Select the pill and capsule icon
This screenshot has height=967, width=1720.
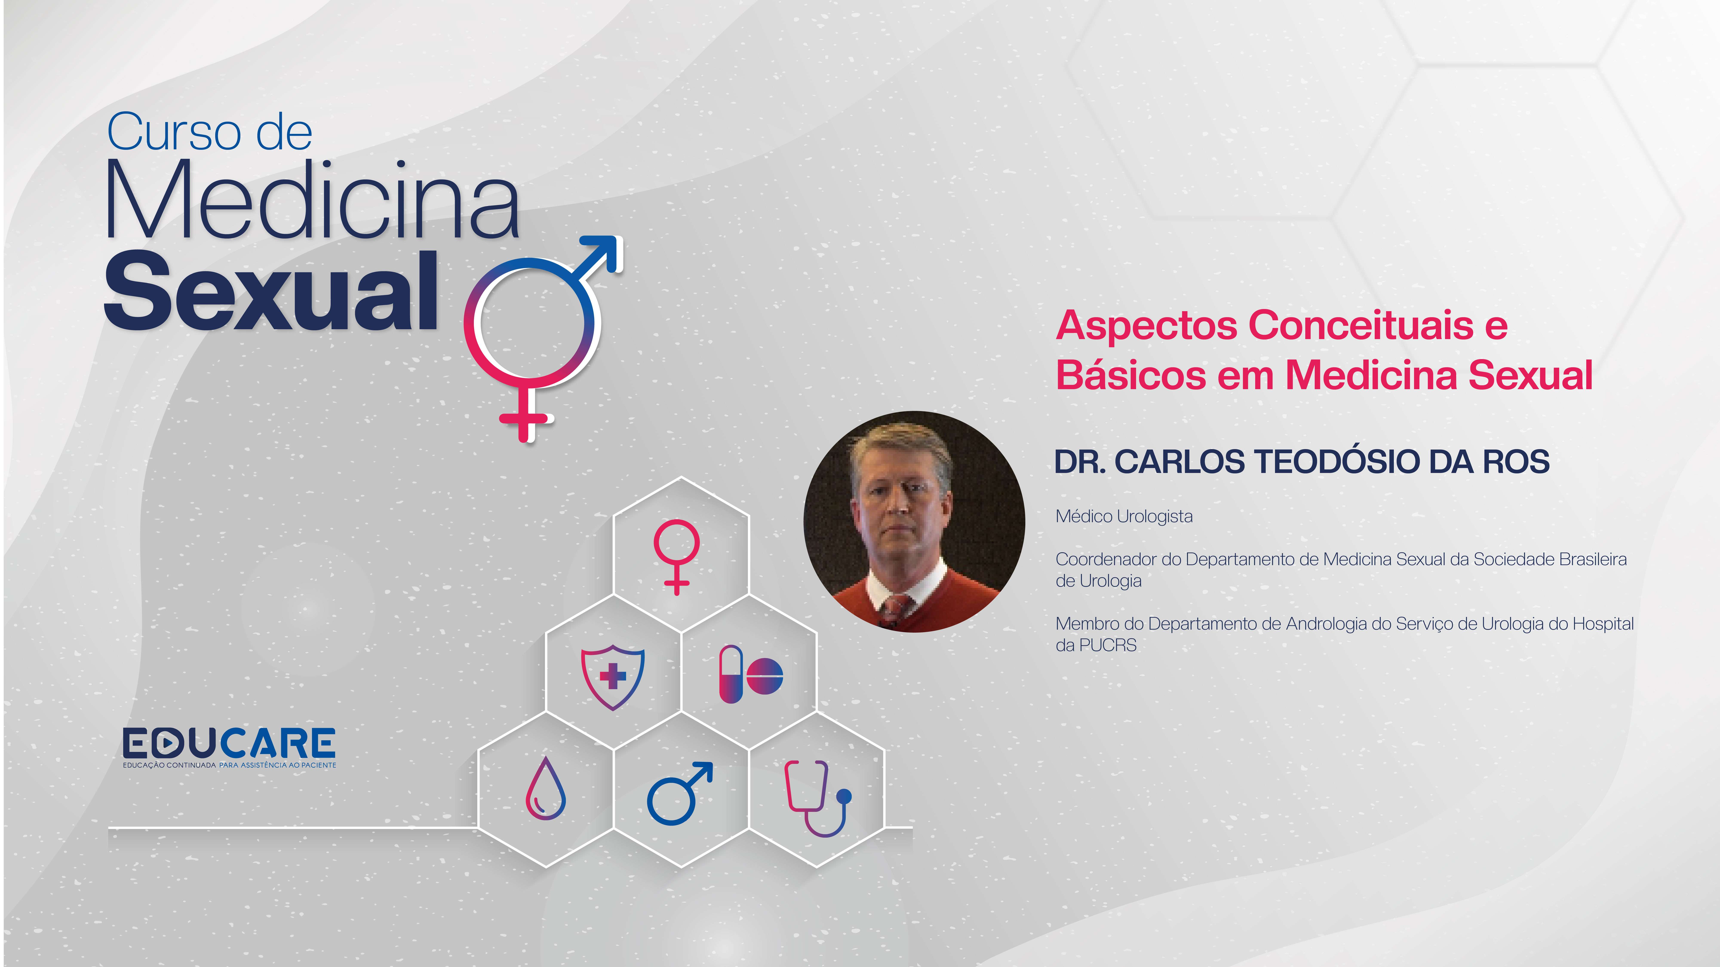point(751,674)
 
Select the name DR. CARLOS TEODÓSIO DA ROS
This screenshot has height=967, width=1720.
point(1301,462)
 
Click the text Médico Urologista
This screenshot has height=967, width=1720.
point(1124,517)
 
